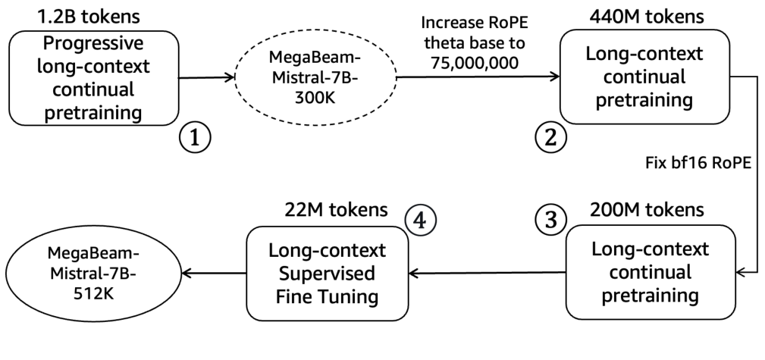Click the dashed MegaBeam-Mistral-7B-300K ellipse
pos(312,77)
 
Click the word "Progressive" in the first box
pos(94,44)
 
